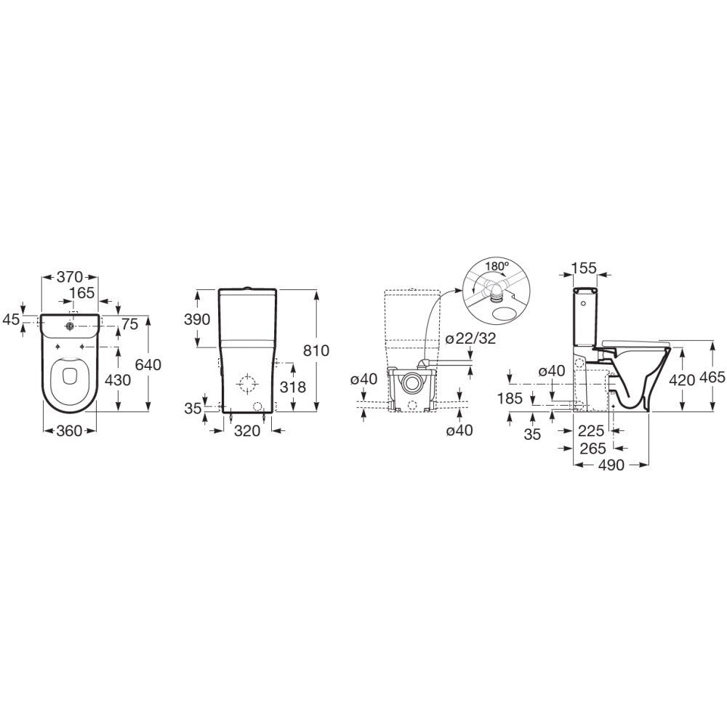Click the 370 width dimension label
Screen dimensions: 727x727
click(x=70, y=277)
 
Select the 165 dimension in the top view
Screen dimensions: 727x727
click(x=81, y=293)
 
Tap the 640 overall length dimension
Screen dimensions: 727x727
click(x=148, y=365)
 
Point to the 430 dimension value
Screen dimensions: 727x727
click(x=119, y=380)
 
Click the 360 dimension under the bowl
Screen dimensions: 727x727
click(x=69, y=430)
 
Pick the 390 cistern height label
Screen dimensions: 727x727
click(x=197, y=319)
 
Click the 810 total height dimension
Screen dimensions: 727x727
click(x=316, y=350)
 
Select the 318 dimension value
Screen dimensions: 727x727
click(x=293, y=387)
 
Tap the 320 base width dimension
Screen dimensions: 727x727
click(x=247, y=431)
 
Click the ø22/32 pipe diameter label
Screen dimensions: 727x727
click(x=470, y=339)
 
